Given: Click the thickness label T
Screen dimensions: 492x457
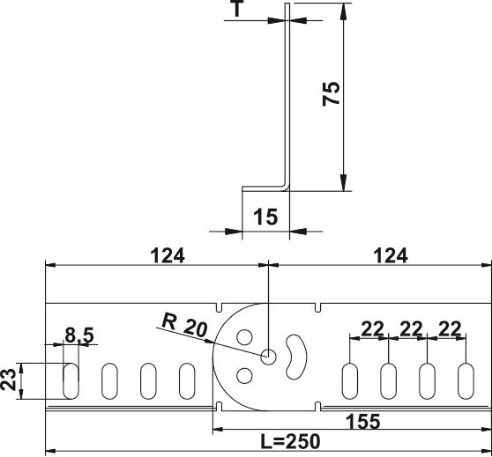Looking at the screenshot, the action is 237,8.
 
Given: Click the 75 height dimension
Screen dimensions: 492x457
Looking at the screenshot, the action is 331,93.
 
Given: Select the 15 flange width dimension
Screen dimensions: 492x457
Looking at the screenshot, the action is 265,217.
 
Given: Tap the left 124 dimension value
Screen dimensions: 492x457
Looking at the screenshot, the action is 168,255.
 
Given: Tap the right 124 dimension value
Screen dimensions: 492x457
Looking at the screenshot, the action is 391,255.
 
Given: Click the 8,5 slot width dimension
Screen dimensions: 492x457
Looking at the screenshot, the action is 79,335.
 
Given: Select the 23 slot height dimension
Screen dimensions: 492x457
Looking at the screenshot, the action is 9,380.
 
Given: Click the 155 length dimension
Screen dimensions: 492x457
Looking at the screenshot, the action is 362,421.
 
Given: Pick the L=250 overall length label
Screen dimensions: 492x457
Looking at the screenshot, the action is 291,441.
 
